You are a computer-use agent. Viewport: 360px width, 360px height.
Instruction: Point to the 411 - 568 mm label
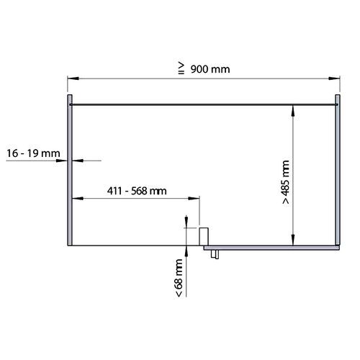(x=137, y=191)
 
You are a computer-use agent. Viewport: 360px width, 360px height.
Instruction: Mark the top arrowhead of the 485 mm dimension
(x=293, y=109)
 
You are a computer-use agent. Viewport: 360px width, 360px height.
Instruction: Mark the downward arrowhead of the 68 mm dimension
(x=186, y=224)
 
